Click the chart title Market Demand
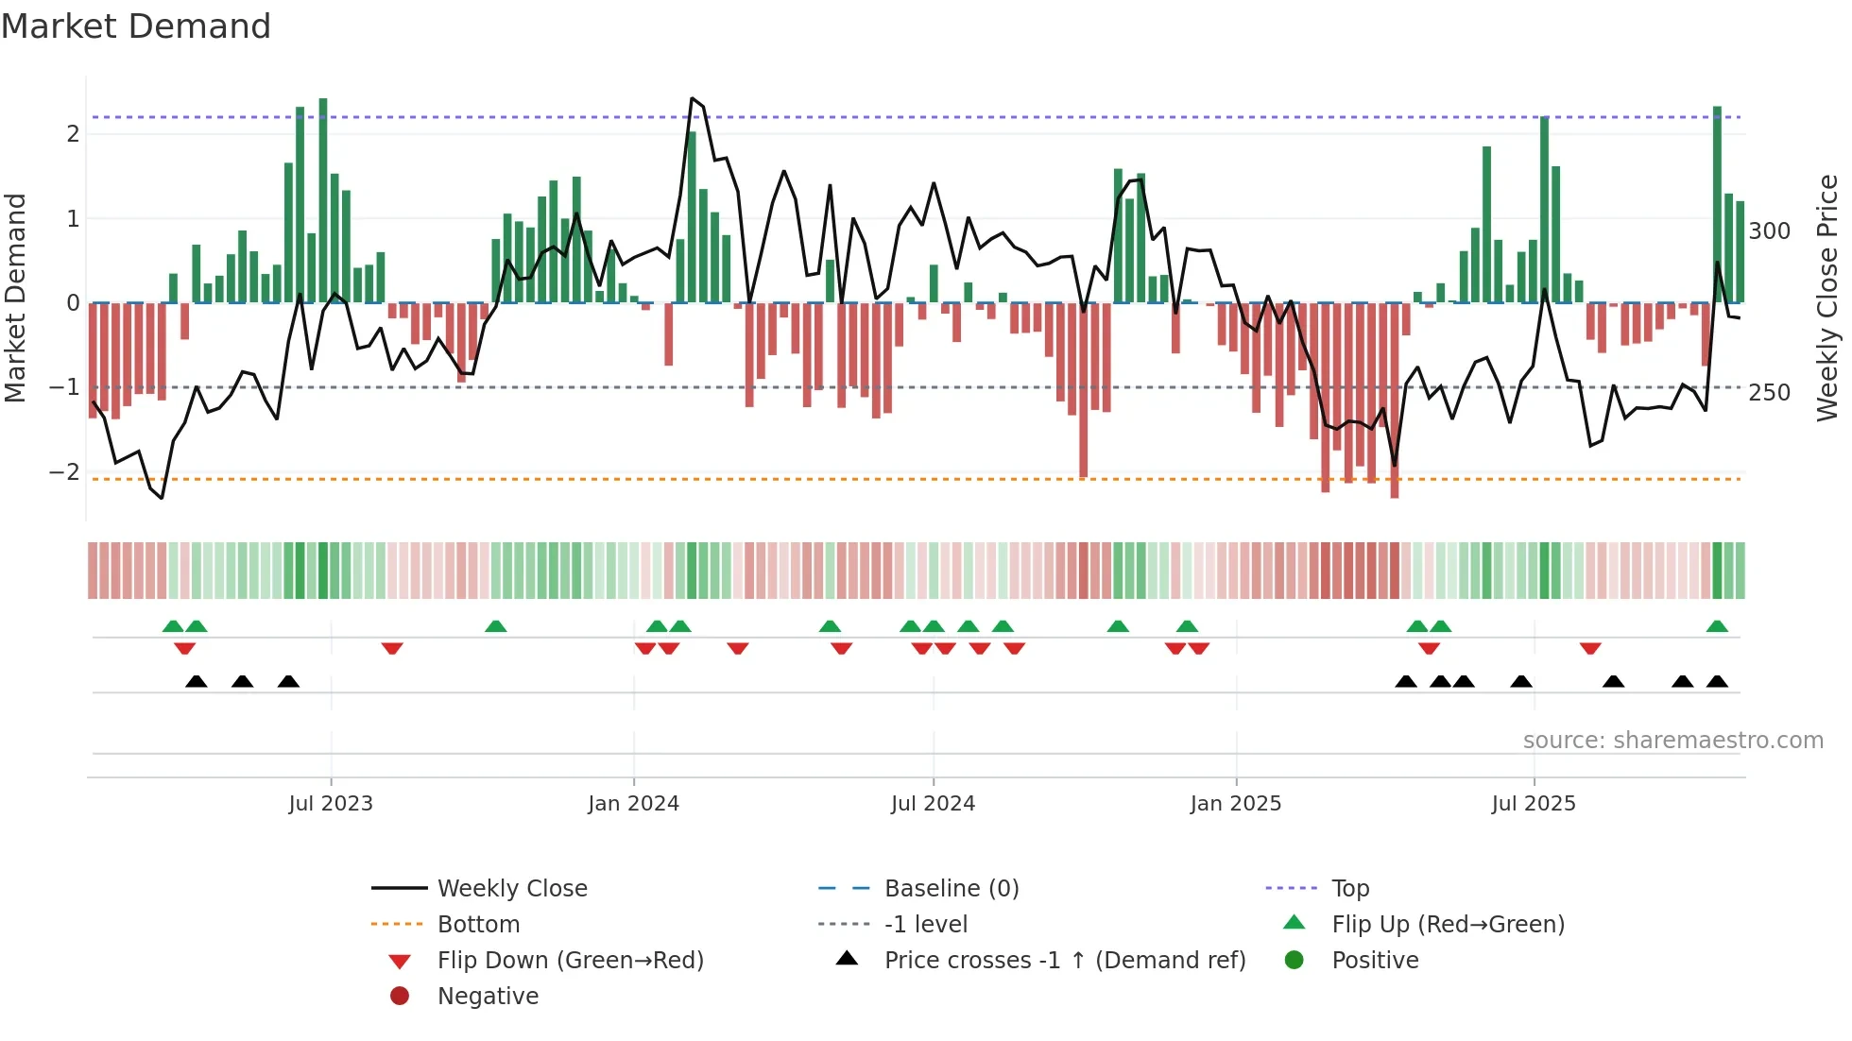coord(136,26)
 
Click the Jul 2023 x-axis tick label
coord(331,804)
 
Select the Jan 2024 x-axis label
coord(633,804)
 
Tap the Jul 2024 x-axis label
coord(933,804)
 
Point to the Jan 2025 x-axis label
coord(1235,804)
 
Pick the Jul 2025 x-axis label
coord(1534,804)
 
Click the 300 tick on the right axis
coord(1769,231)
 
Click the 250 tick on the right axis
coord(1769,393)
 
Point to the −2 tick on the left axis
coord(65,472)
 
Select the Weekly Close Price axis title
coord(1827,298)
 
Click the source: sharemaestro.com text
coord(1672,741)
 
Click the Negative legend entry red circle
coord(400,997)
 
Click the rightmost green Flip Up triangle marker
coord(1717,626)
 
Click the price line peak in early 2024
coord(693,98)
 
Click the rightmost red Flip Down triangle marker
coord(1590,648)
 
